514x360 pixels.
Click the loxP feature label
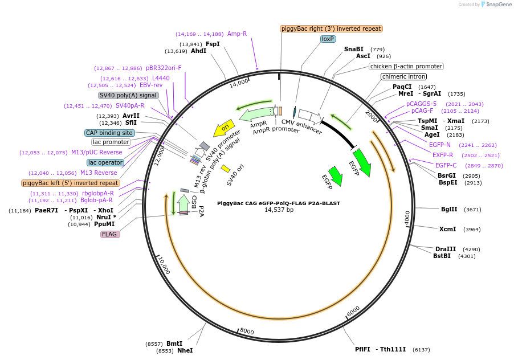pyautogui.click(x=328, y=39)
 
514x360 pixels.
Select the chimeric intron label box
pyautogui.click(x=404, y=76)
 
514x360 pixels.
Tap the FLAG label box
pyautogui.click(x=110, y=234)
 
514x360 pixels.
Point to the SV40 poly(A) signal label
pyautogui.click(x=128, y=95)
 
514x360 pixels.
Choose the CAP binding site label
pyautogui.click(x=109, y=133)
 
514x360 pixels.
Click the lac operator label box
pyautogui.click(x=105, y=162)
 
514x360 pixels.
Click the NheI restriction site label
pyautogui.click(x=185, y=351)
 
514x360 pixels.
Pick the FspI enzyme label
pyautogui.click(x=213, y=44)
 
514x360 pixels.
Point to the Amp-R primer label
pyautogui.click(x=237, y=34)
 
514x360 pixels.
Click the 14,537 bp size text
pyautogui.click(x=279, y=210)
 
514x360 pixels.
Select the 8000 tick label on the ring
pyautogui.click(x=247, y=330)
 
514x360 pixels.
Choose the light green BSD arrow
pyautogui.click(x=183, y=204)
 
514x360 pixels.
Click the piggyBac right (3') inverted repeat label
pyautogui.click(x=331, y=28)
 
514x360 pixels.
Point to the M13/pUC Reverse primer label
pyautogui.click(x=97, y=152)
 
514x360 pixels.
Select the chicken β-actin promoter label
pyautogui.click(x=406, y=66)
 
